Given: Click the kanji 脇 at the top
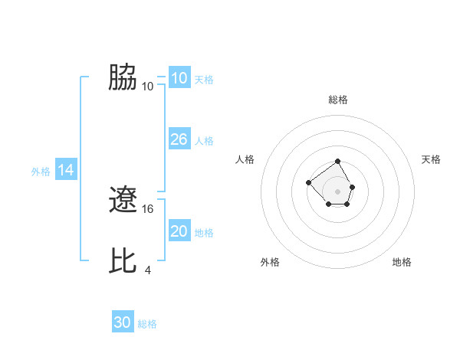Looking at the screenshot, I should pyautogui.click(x=123, y=77).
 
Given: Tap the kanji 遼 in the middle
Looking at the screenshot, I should pyautogui.click(x=123, y=201).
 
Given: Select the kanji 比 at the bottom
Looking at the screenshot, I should pyautogui.click(x=123, y=261).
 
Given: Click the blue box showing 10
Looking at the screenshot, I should pyautogui.click(x=179, y=78).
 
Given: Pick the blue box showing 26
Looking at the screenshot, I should pyautogui.click(x=179, y=139).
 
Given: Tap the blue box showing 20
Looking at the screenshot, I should pyautogui.click(x=179, y=231).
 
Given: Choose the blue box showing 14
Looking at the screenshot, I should pyautogui.click(x=66, y=171).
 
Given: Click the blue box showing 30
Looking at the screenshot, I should pyautogui.click(x=122, y=322).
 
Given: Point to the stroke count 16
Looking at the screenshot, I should pyautogui.click(x=149, y=208).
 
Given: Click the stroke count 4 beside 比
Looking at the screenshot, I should pyautogui.click(x=148, y=270).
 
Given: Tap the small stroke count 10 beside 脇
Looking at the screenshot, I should pyautogui.click(x=148, y=86).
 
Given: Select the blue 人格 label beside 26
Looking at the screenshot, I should pyautogui.click(x=204, y=141).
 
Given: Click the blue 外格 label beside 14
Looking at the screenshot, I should pyautogui.click(x=41, y=172).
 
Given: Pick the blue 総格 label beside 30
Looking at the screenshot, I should pyautogui.click(x=147, y=324).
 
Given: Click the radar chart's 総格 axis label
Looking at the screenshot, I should pyautogui.click(x=338, y=100).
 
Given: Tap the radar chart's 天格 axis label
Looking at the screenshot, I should pyautogui.click(x=431, y=159).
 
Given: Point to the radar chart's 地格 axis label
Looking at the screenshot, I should pyautogui.click(x=402, y=262).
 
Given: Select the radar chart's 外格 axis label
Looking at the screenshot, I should pyautogui.click(x=270, y=262).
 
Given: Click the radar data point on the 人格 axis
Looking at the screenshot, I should pyautogui.click(x=308, y=182).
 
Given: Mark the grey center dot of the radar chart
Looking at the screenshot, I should pyautogui.click(x=338, y=191).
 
